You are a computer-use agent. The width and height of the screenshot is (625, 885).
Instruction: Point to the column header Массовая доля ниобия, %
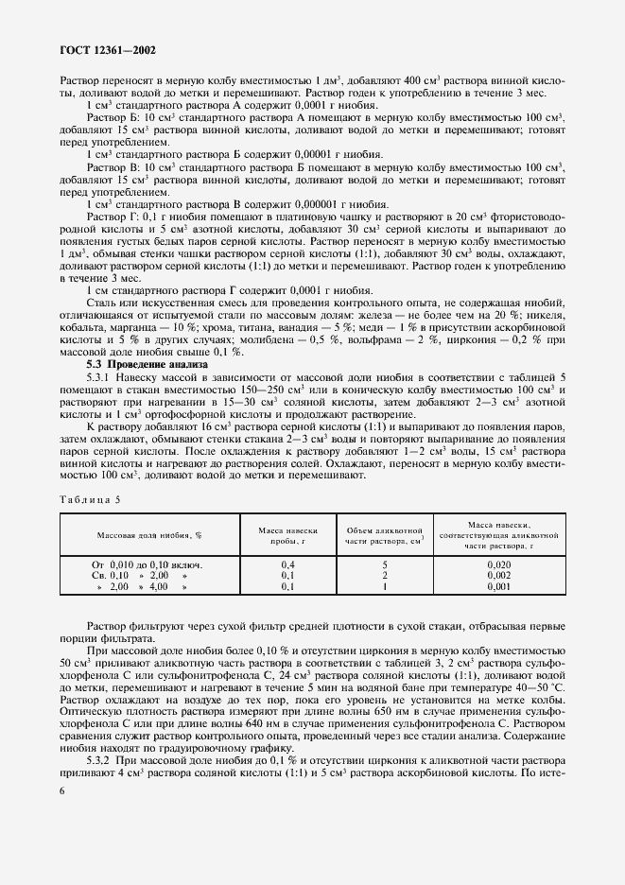149,535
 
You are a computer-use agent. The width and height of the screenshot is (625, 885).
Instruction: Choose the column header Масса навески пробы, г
288,535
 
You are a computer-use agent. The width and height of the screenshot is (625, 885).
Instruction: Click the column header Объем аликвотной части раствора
384,535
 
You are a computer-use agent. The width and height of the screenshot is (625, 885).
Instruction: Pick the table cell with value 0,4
288,564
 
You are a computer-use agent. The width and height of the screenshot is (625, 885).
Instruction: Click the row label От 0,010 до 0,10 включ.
148,564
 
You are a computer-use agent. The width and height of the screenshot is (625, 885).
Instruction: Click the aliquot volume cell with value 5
384,564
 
